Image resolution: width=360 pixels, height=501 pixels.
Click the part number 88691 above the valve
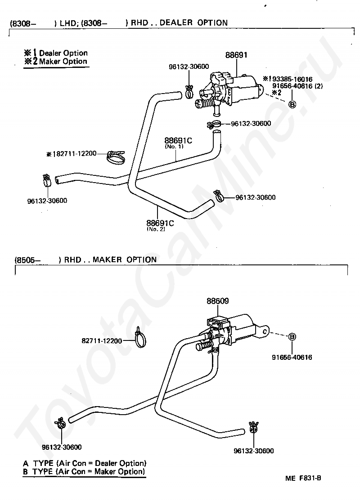tap(236, 55)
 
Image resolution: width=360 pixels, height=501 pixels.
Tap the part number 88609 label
tap(218, 301)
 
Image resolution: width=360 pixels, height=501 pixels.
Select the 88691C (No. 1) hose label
tap(178, 142)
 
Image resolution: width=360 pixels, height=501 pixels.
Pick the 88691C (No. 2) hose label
tap(160, 225)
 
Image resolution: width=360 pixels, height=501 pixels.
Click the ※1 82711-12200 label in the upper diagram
tap(71, 154)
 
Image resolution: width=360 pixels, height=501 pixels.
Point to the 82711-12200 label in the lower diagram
tap(102, 341)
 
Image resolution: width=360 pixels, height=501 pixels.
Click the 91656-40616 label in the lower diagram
tap(292, 357)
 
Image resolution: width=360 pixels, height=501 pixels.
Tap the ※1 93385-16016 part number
tap(288, 79)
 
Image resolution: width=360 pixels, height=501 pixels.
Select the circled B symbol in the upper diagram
tap(292, 104)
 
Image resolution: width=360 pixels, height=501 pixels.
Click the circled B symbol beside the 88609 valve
tap(292, 336)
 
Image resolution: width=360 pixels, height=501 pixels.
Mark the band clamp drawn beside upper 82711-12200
tap(115, 157)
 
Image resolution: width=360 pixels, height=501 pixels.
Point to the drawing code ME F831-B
tap(303, 478)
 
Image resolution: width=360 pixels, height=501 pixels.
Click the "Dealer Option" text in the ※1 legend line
tap(63, 53)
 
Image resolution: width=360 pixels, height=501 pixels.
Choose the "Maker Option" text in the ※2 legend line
tap(63, 61)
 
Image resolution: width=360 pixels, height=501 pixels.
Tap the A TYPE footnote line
tap(85, 463)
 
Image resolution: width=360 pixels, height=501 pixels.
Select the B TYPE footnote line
tap(84, 471)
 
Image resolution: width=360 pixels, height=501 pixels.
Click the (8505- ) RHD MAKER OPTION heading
tap(85, 259)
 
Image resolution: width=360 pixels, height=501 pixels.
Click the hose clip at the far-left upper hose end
tap(47, 180)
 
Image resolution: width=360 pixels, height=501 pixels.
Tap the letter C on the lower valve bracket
tap(265, 331)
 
